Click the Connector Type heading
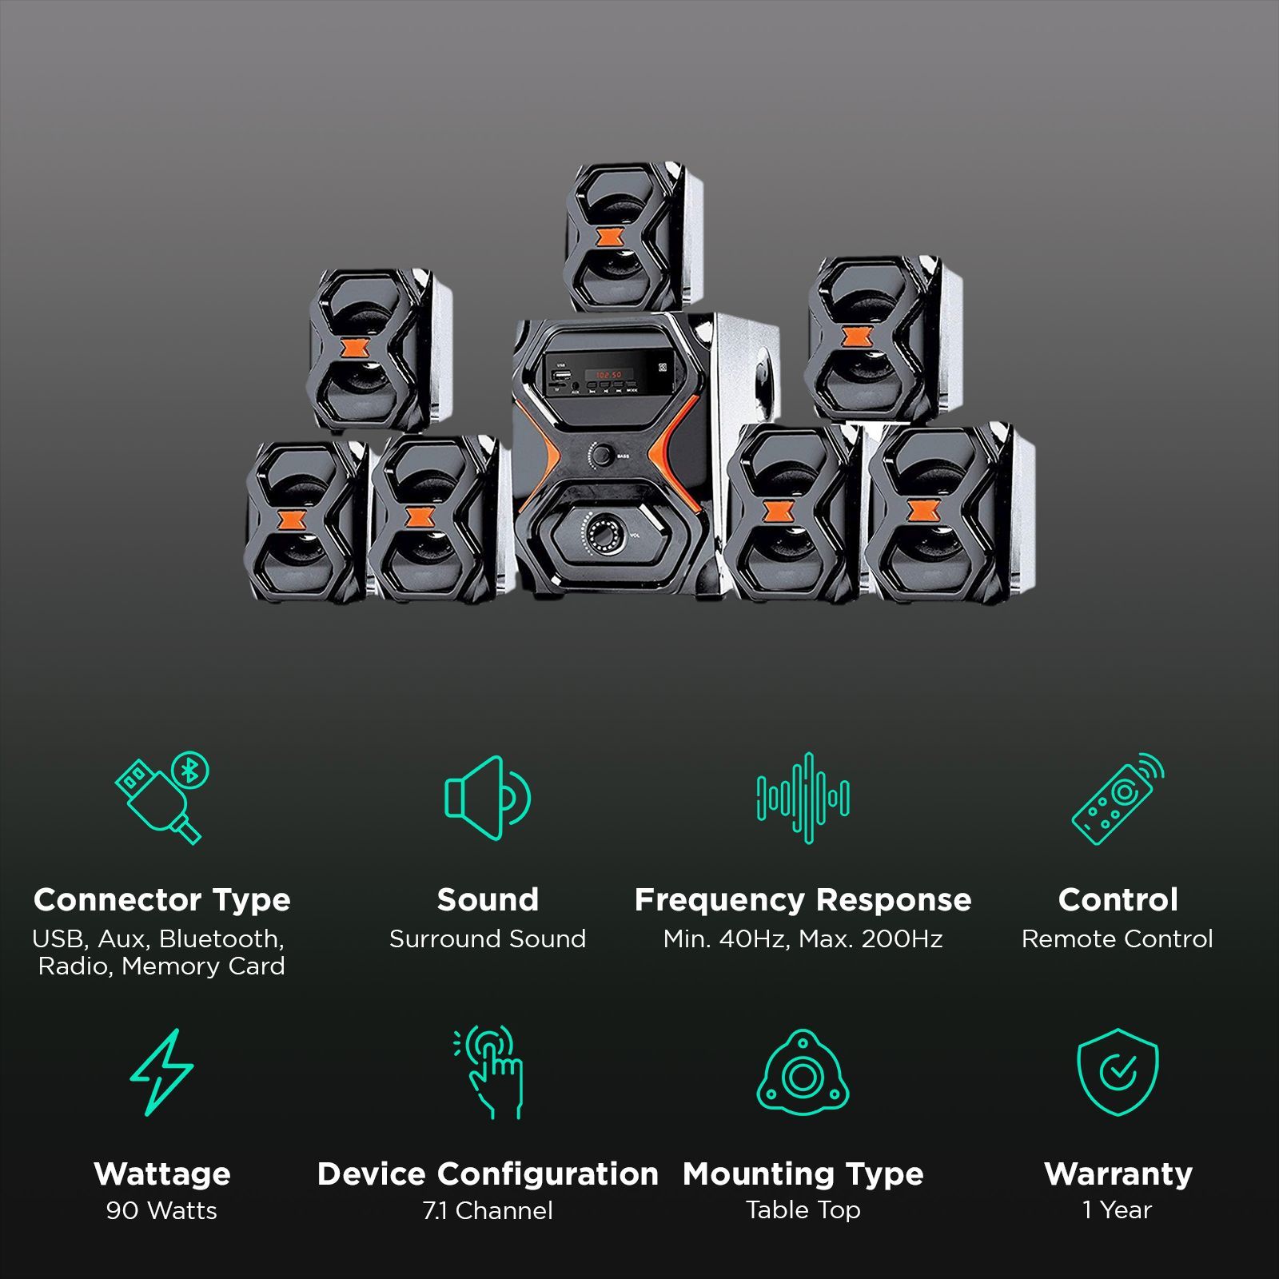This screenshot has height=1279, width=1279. (161, 899)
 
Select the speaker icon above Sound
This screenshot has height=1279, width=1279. (487, 797)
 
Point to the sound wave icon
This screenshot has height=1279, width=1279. (803, 797)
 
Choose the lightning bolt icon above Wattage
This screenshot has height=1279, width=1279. (161, 1072)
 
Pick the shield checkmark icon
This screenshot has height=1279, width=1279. (1118, 1072)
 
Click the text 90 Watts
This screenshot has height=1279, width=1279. (161, 1210)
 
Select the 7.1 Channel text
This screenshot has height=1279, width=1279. (488, 1210)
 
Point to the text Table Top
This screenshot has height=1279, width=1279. (803, 1210)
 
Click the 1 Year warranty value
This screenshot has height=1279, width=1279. (1118, 1210)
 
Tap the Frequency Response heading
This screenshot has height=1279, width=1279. (803, 899)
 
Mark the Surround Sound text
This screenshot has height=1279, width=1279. (488, 938)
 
